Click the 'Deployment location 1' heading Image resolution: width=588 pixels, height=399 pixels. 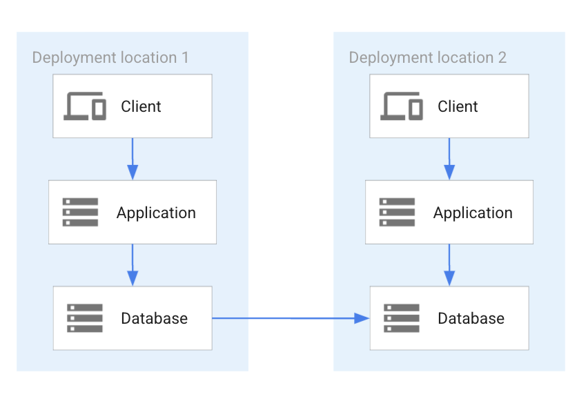coord(110,57)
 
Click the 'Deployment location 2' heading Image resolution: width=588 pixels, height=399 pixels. coord(427,57)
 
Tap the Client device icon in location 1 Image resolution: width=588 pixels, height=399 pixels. coord(85,106)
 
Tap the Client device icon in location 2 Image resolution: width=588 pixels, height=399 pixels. coord(402,106)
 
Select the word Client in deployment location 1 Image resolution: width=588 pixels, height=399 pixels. coord(141,106)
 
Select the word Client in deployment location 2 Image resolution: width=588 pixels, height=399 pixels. coord(458,106)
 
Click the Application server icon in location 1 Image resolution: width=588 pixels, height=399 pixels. coord(80,213)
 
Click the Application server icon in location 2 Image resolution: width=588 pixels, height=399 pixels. coord(397,213)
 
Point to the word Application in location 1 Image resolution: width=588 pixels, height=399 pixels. coord(156,213)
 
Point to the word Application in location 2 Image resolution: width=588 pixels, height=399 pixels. coord(473,213)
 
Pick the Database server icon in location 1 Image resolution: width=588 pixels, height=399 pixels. coord(85,318)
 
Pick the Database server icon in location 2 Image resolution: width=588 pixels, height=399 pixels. coord(402,318)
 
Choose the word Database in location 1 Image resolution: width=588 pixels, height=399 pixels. coord(154,318)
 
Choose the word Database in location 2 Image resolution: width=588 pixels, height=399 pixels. coord(471,318)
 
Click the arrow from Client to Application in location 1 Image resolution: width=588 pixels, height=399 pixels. coord(133,159)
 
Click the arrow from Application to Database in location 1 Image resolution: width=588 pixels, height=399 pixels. coord(133,265)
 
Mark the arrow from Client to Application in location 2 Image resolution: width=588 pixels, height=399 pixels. coord(449,159)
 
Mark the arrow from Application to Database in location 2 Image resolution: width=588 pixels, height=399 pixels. coord(449,265)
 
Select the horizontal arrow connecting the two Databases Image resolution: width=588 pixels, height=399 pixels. coord(290,318)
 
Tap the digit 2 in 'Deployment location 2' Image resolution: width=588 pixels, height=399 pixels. coord(502,57)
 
